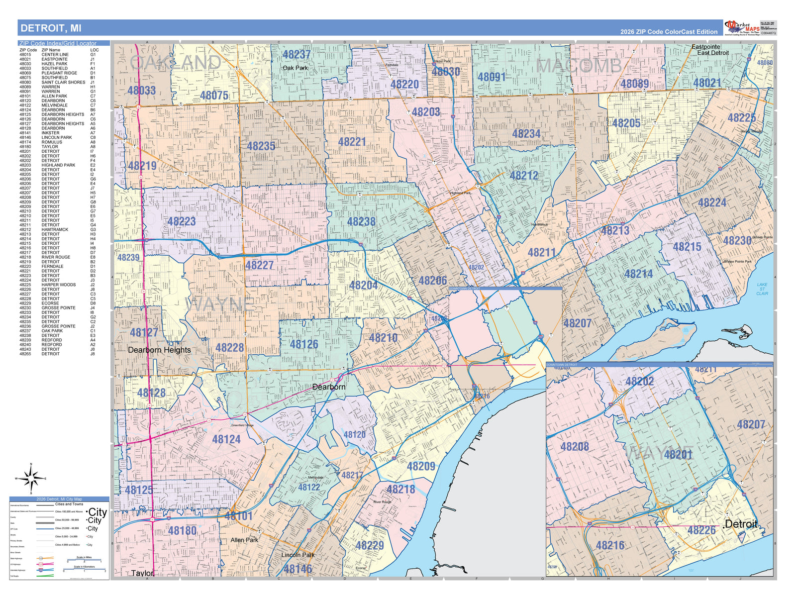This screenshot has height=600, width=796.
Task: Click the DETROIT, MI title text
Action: coord(51,28)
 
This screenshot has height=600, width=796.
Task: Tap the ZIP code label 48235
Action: coord(261,146)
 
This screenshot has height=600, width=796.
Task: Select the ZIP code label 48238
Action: coord(361,222)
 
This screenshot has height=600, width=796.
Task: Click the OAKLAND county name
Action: coord(176,63)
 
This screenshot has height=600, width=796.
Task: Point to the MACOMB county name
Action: coord(579,66)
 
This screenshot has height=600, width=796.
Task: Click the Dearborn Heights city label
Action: coord(159,350)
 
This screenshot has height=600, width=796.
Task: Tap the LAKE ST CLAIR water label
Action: coord(762,289)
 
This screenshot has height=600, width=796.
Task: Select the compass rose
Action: coord(31,479)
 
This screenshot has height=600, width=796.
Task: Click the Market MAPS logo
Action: coord(742,27)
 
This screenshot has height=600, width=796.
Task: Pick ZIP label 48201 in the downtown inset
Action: coord(678,454)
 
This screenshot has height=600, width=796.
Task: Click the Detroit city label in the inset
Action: coord(741,524)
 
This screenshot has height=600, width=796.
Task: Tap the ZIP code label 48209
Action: coord(421,467)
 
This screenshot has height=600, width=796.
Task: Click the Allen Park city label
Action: coord(244,540)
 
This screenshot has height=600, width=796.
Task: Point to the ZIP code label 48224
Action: coord(712,203)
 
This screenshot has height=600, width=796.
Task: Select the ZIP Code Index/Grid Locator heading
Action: coord(58,43)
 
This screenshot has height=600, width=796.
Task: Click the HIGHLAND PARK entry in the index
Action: coord(58,165)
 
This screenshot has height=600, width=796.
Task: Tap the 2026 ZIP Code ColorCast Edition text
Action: coord(669,32)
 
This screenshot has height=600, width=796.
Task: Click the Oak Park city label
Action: coord(295,68)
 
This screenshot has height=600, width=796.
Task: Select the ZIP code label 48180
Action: coord(182,531)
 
